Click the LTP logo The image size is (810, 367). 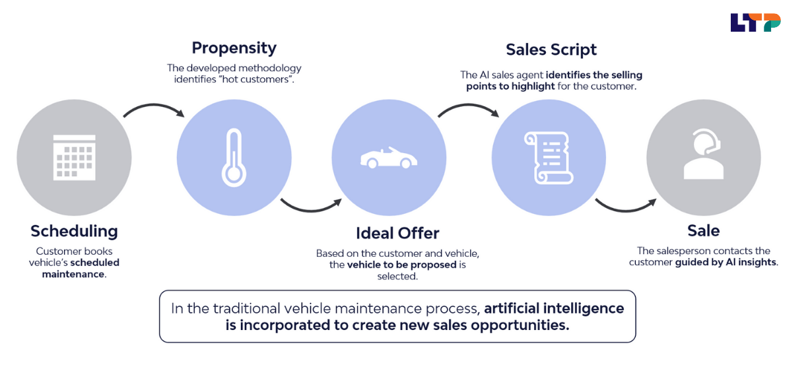(755, 22)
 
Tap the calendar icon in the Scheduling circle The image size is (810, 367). (74, 156)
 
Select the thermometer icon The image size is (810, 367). (234, 157)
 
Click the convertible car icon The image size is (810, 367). (389, 158)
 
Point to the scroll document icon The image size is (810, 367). (548, 158)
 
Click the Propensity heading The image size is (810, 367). (234, 48)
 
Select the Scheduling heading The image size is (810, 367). (74, 231)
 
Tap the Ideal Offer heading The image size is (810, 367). (397, 233)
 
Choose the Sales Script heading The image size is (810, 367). (551, 50)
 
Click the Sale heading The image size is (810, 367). (703, 231)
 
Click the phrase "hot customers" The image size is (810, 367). (260, 80)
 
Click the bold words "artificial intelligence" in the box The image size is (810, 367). (553, 308)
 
